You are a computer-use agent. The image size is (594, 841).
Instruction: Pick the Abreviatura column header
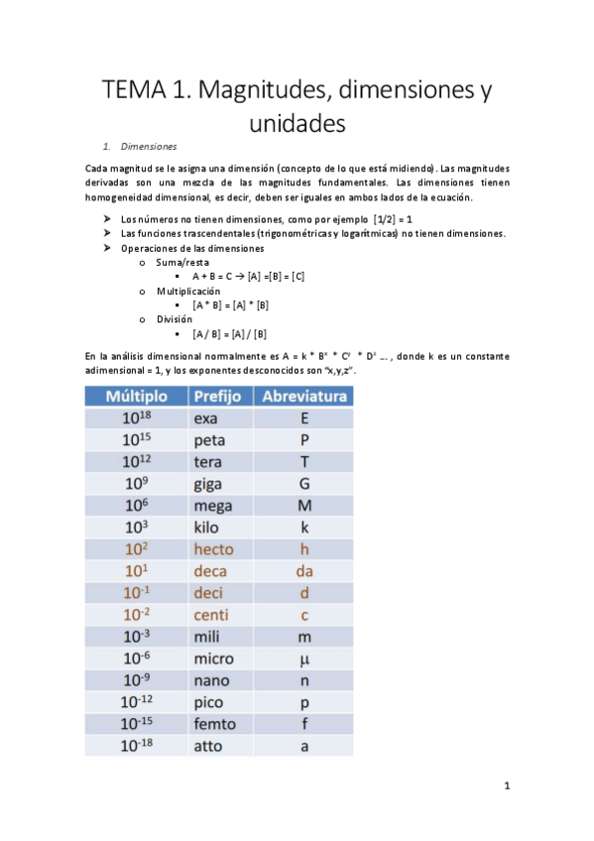click(303, 397)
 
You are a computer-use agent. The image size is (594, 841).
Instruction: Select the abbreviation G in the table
click(303, 483)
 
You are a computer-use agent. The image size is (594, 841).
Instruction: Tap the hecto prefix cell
click(213, 548)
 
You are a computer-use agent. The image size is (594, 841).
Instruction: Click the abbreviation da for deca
click(303, 570)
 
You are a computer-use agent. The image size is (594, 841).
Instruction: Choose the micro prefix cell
click(213, 658)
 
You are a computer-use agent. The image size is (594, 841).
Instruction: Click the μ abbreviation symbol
click(303, 658)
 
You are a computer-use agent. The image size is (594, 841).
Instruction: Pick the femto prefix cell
click(214, 723)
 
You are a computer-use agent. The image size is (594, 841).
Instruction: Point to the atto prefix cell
click(208, 746)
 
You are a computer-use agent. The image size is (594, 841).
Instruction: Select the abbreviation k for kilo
click(303, 527)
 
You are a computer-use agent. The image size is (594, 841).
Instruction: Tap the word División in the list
click(174, 319)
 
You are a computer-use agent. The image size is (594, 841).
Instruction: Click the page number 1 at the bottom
click(506, 786)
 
